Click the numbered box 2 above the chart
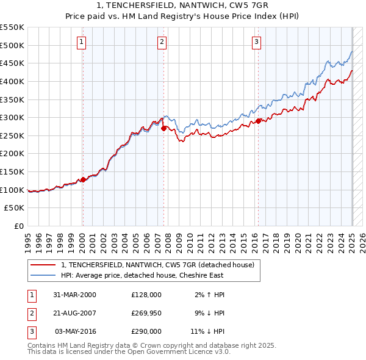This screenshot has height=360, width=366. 162,42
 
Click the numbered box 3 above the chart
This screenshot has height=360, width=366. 256,42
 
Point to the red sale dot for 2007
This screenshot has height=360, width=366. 163,128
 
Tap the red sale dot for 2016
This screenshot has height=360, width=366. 259,121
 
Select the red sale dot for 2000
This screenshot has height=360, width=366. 83,179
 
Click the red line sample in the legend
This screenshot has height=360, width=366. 43,265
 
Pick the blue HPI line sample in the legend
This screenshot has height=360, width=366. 43,275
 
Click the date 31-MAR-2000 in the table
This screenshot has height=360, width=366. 74,295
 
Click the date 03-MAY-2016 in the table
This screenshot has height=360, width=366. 75,333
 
